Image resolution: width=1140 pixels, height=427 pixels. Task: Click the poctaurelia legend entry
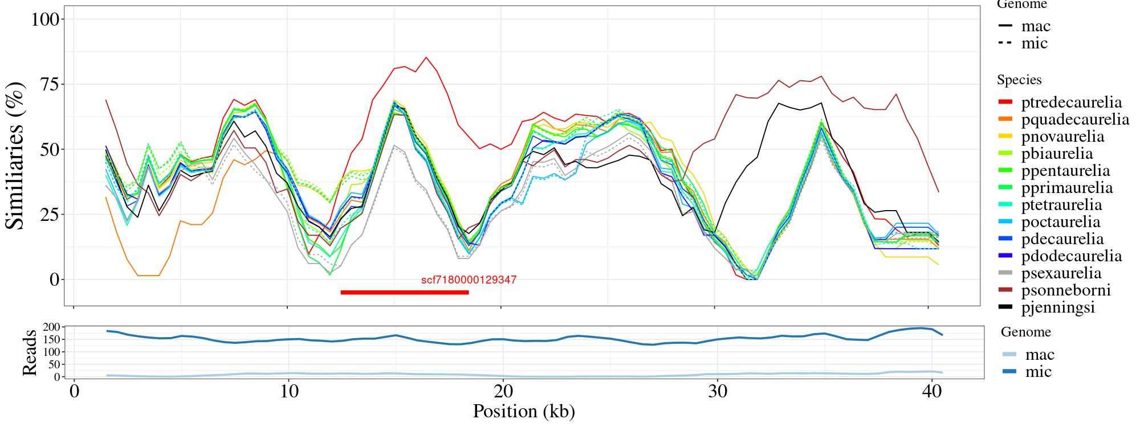tap(1061, 222)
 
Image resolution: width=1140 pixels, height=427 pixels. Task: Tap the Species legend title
tap(1019, 80)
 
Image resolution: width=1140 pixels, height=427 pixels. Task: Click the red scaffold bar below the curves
tap(404, 293)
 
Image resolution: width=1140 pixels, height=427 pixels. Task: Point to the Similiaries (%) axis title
tap(16, 155)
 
